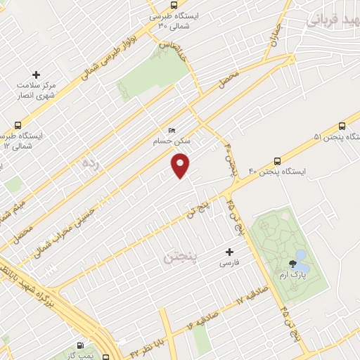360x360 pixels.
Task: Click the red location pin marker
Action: pos(181,165)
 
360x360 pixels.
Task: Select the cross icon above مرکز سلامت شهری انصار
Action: pos(37,74)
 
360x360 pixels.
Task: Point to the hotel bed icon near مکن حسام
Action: pos(172,130)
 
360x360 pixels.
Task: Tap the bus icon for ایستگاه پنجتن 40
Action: pos(278,160)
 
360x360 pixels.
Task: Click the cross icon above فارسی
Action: pos(229,252)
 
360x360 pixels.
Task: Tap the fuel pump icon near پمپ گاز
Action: pos(81,346)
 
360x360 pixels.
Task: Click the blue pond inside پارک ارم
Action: pos(301,255)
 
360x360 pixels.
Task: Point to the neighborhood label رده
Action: pos(89,165)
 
